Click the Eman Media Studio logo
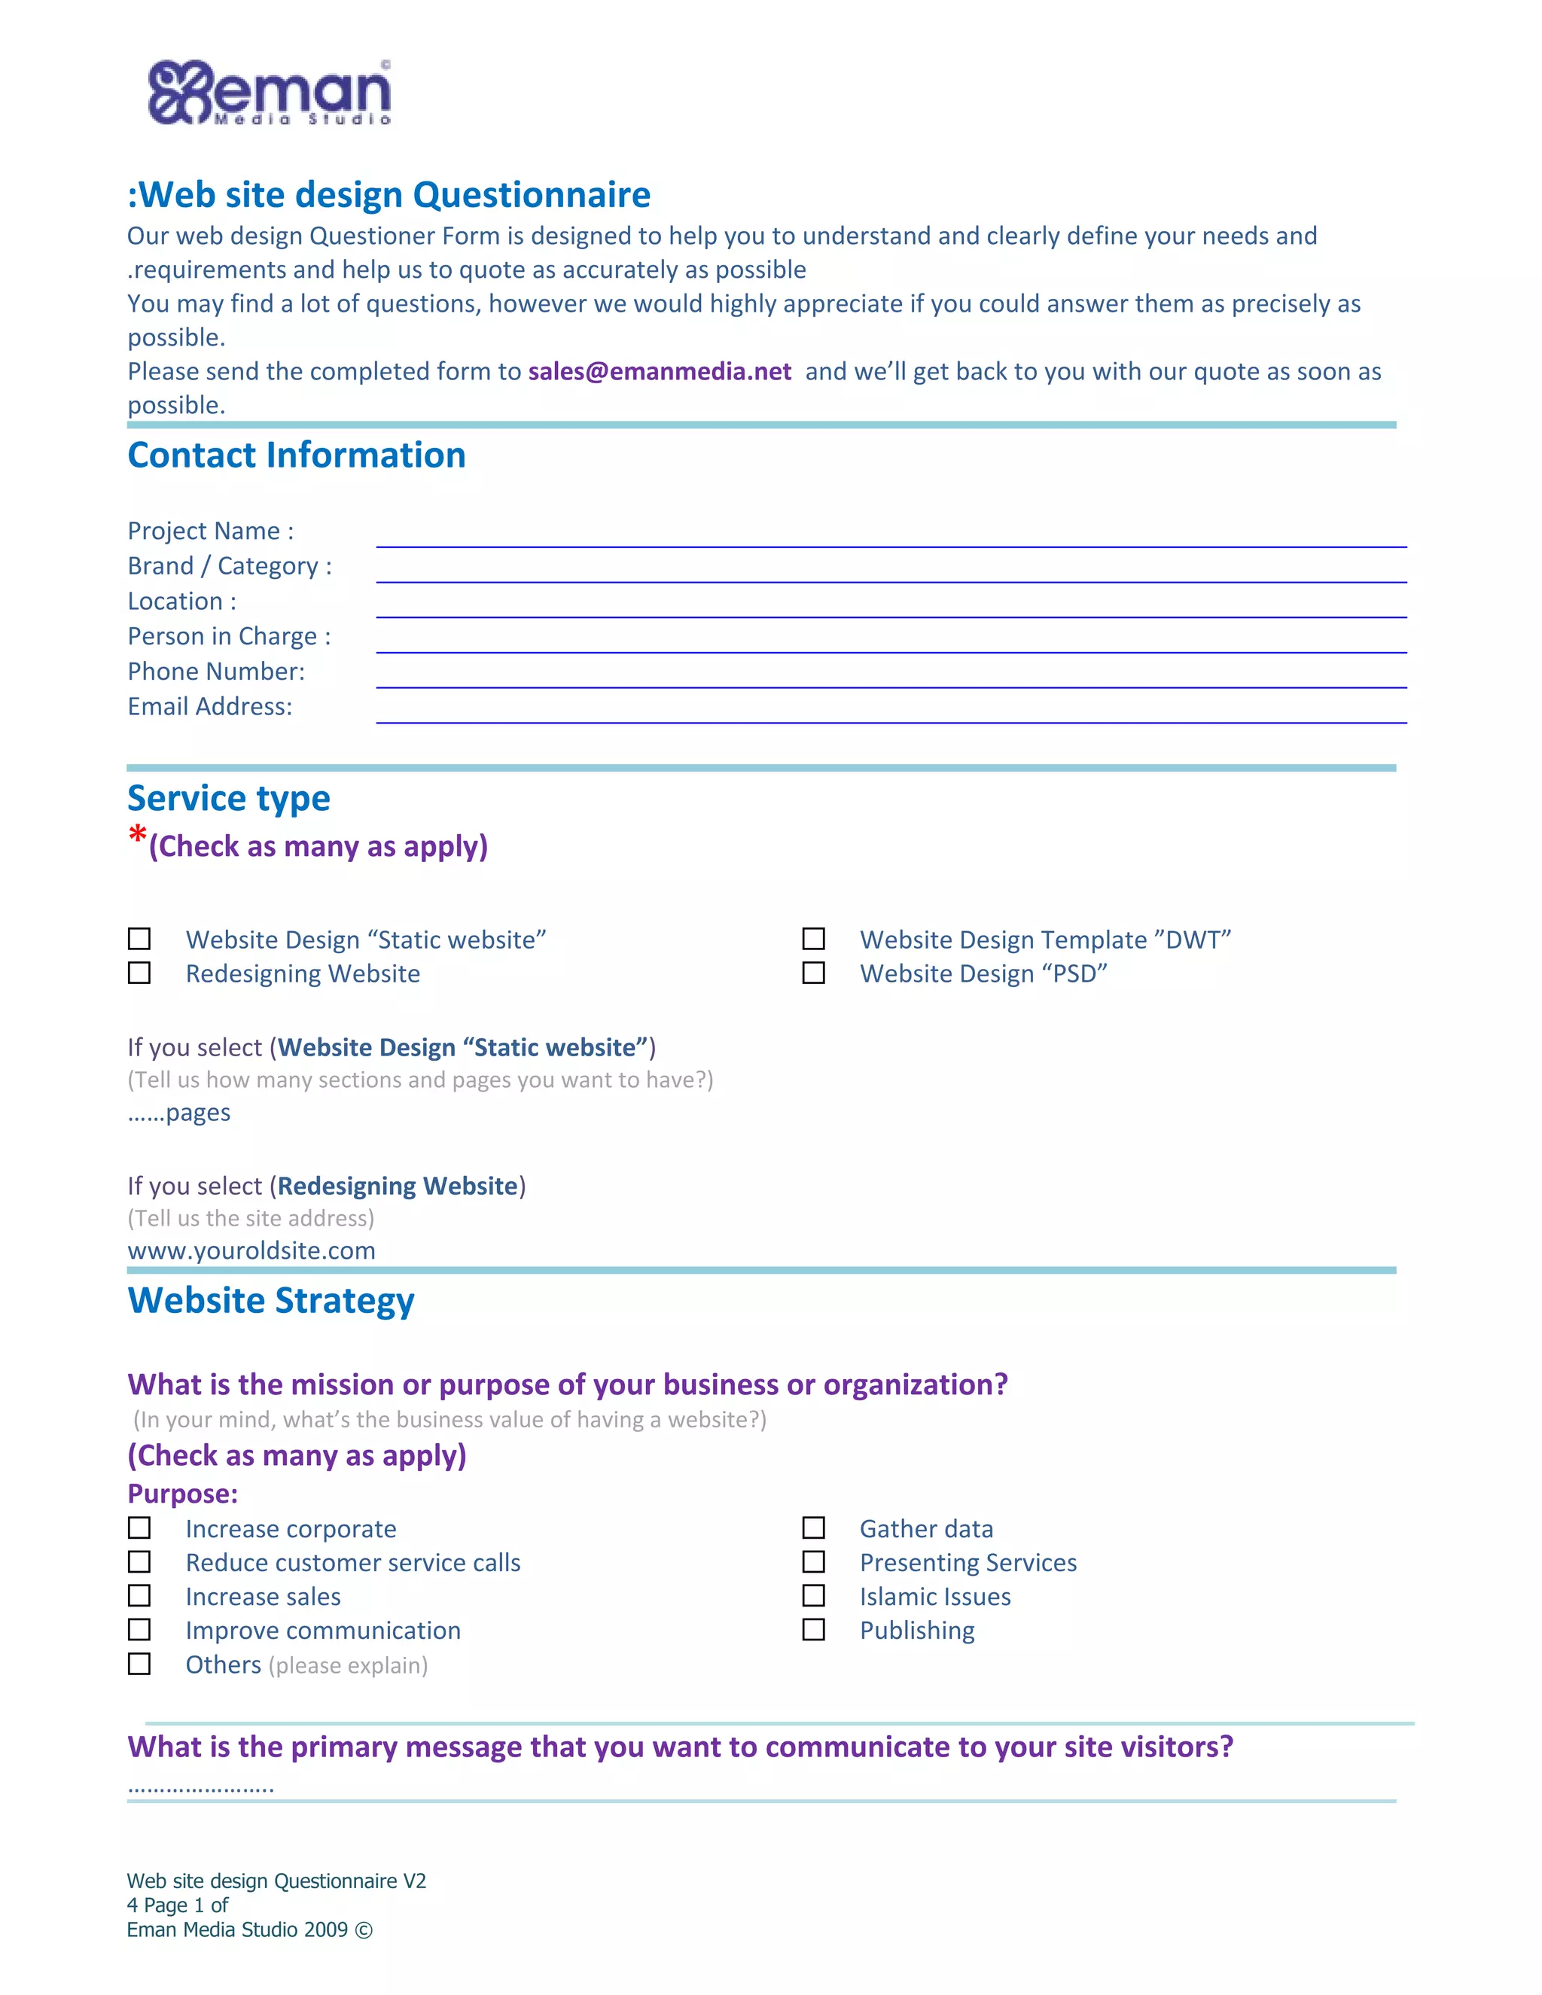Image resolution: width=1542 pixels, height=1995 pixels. [270, 93]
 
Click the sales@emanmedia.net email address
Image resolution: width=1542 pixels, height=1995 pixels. [660, 372]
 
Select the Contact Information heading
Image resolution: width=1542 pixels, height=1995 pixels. [297, 455]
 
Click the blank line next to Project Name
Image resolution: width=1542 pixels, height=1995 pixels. [891, 539]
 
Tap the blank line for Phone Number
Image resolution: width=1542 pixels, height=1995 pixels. [891, 680]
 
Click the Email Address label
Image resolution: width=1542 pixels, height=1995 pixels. [210, 706]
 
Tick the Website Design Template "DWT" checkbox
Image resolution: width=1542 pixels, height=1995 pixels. [813, 939]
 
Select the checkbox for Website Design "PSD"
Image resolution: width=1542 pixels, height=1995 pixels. [813, 973]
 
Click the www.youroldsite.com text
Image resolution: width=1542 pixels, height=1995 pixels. [251, 1250]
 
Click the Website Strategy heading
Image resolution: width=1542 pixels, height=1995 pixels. [271, 1301]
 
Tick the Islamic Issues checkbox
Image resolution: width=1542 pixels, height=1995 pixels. [813, 1596]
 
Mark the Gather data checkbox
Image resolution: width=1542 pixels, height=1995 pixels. [813, 1528]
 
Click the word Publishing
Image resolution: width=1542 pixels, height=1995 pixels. [917, 1631]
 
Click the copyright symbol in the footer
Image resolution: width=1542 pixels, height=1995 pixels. [364, 1930]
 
